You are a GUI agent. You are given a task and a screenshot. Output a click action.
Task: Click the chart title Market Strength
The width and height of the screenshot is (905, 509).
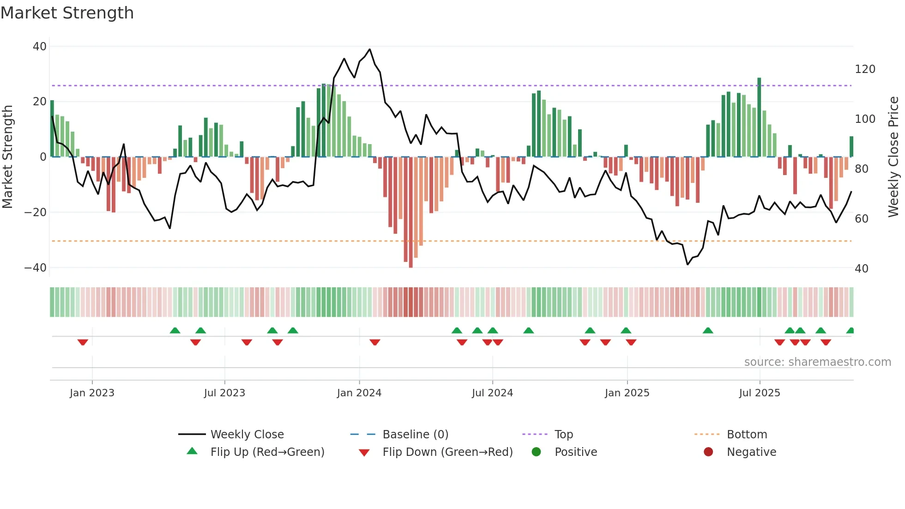coord(67,13)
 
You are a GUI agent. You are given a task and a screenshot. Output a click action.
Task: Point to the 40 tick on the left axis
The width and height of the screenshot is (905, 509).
coord(40,46)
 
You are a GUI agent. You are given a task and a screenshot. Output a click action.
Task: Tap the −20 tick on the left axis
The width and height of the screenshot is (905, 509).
coord(36,212)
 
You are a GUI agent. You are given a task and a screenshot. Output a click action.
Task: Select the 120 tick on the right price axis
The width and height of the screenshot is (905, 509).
coord(865,69)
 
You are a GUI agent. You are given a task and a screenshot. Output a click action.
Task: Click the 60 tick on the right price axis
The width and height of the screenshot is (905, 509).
coord(862,219)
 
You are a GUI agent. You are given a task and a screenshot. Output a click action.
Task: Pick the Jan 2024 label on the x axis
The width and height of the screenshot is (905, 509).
coord(359,393)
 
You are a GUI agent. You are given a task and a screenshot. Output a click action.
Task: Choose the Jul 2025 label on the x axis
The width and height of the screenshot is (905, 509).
coord(760,393)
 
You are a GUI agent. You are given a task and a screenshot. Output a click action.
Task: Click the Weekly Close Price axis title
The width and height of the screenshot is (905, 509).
coord(893,157)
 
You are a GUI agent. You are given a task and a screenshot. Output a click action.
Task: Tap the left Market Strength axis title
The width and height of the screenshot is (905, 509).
coord(8,157)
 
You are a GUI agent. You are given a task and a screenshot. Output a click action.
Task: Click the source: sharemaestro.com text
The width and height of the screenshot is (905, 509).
coord(817,362)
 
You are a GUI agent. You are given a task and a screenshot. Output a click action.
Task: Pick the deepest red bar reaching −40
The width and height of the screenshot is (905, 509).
coord(411,212)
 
